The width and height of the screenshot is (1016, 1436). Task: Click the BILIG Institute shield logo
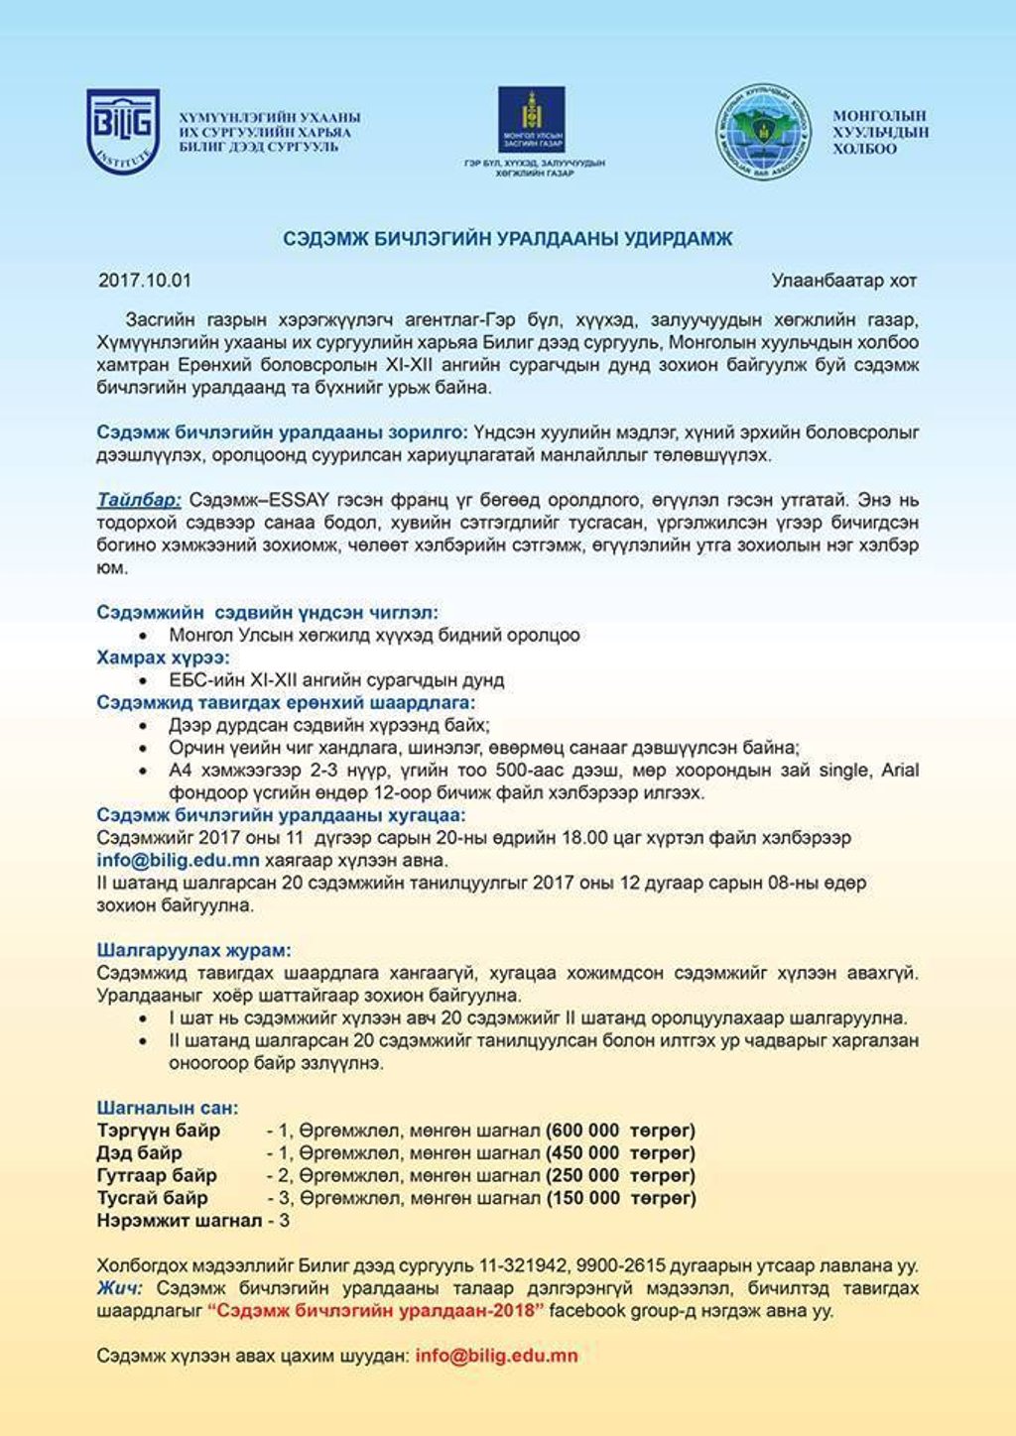point(123,131)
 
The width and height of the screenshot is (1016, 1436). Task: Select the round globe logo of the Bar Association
point(764,131)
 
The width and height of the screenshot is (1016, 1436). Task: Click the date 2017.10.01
point(145,281)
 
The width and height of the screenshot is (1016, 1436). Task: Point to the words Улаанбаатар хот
point(844,281)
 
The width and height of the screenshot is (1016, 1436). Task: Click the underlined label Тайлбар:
point(139,499)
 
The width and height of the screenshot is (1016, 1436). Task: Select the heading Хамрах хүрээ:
point(164,658)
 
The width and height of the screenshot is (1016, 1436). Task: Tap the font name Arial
point(900,771)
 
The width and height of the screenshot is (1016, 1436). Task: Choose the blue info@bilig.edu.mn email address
point(179,861)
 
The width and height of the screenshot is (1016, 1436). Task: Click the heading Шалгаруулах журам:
point(194,950)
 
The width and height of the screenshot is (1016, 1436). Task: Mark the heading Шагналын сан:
point(168,1108)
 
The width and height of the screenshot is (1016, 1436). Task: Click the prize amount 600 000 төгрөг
point(620,1131)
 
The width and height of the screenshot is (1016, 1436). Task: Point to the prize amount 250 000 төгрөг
point(620,1176)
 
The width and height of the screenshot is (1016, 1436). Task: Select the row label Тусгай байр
point(153,1198)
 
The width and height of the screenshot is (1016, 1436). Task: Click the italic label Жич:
point(120,1288)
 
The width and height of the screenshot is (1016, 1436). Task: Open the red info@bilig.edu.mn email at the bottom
point(497,1356)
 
